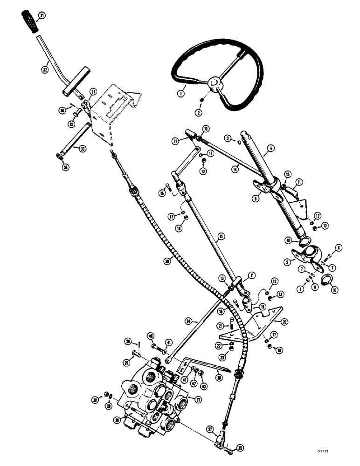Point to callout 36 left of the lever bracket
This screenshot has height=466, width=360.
click(x=61, y=110)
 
